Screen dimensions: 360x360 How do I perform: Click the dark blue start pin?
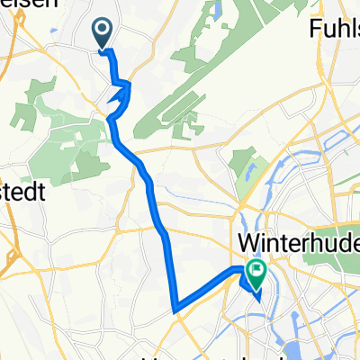pyautogui.click(x=102, y=33)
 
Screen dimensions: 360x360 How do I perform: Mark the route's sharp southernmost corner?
pyautogui.click(x=174, y=310)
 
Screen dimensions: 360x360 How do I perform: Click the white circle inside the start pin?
pyautogui.click(x=102, y=31)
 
